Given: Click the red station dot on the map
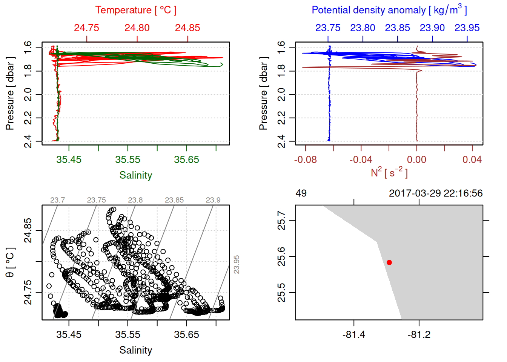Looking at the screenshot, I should tap(389, 262).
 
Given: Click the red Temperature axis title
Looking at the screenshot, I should tap(135, 10).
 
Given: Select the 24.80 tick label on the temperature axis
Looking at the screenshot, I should tap(137, 28).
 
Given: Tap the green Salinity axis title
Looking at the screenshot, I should tap(135, 175).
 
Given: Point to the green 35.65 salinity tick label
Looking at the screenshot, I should tap(186, 160).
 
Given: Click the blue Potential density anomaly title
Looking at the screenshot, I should tap(389, 10).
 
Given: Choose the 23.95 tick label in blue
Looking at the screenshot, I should tap(467, 28).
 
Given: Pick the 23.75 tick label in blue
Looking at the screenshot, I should tap(328, 28).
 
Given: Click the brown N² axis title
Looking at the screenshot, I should tap(389, 173).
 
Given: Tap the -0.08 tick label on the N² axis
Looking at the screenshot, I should tap(306, 160).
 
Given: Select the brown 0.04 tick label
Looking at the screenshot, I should tap(472, 160).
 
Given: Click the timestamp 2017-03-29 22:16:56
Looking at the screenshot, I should tap(436, 193).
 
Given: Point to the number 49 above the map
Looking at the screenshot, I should tap(301, 193).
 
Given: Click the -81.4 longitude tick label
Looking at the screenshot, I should tap(354, 335).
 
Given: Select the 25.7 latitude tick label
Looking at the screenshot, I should tap(281, 220).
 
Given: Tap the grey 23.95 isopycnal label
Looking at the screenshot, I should tap(237, 264).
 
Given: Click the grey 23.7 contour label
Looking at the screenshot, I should tap(57, 200).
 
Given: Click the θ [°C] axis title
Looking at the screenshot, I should tap(10, 262).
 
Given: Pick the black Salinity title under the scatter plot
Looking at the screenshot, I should tap(135, 350).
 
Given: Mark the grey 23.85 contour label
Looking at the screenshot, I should tap(174, 200).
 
